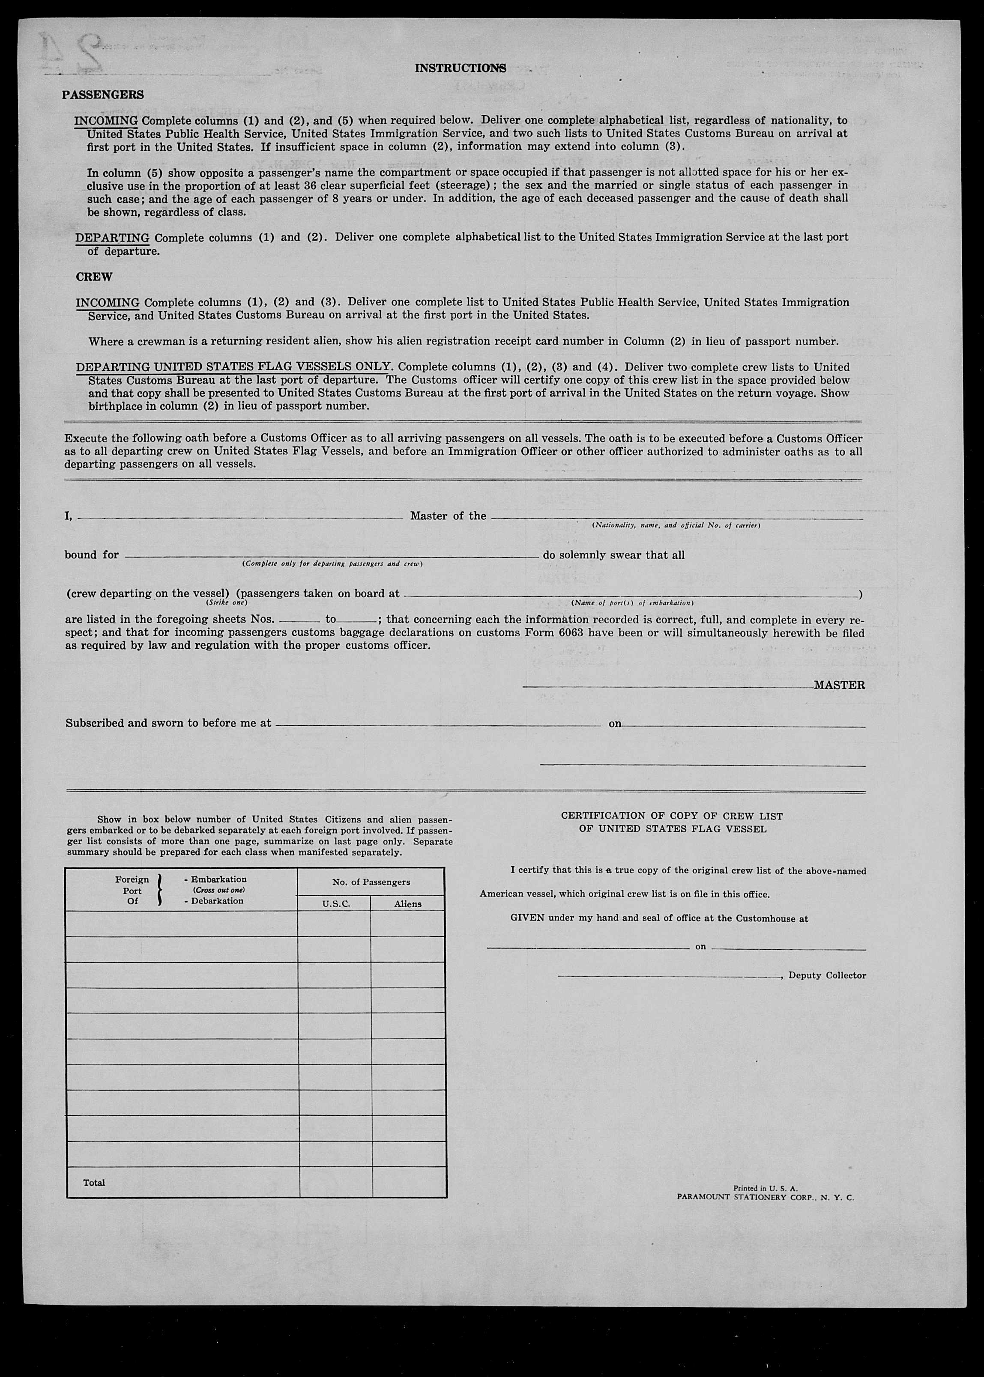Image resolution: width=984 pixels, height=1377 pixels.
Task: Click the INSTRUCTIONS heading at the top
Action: [461, 69]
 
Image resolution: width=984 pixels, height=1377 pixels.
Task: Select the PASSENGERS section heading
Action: [103, 95]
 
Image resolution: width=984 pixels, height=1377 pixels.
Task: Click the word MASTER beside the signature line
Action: [839, 685]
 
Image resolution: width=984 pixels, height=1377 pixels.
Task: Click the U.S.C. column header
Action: [334, 904]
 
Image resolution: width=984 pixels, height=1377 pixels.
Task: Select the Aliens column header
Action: [408, 904]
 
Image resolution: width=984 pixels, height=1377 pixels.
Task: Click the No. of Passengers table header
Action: [371, 882]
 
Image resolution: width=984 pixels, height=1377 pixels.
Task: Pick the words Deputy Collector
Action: [827, 975]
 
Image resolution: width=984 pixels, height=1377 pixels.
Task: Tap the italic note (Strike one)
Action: [227, 602]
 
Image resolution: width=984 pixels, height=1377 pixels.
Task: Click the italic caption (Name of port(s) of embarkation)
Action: [632, 603]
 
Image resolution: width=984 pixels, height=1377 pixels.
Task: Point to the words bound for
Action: [92, 554]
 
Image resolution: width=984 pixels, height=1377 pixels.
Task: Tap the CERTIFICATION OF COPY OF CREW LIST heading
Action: [672, 816]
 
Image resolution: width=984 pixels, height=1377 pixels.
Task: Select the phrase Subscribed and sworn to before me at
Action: [168, 723]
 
